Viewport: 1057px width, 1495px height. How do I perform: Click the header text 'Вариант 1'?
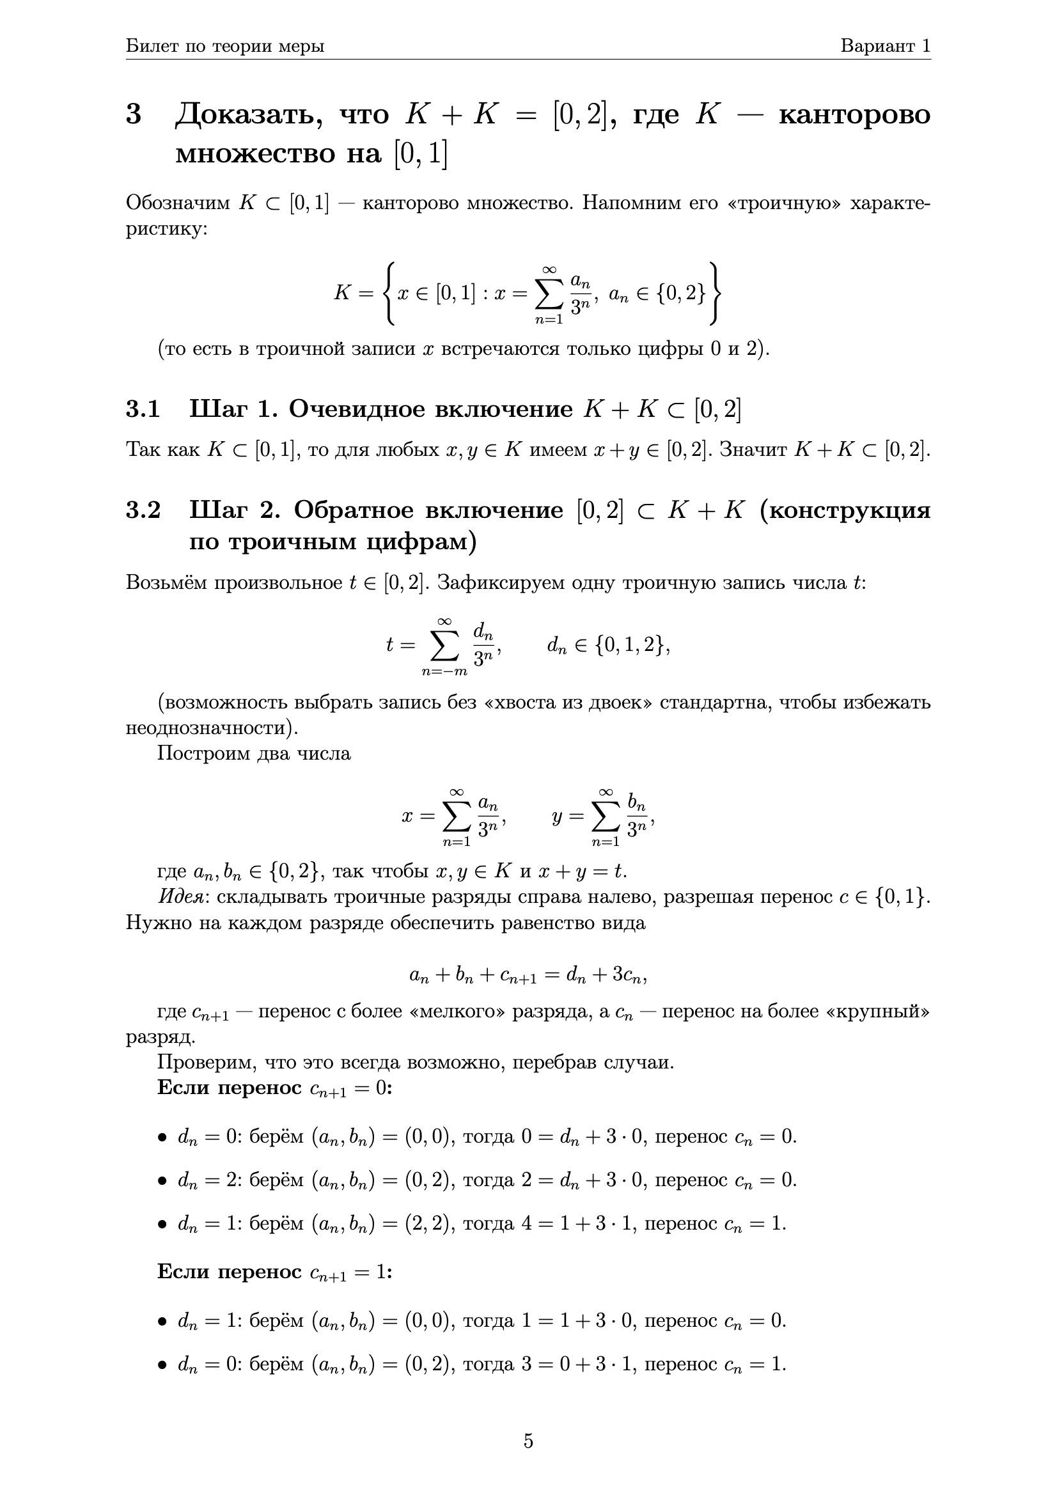[885, 45]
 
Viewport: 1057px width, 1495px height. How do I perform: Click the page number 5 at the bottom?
[528, 1440]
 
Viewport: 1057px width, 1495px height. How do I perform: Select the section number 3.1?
[143, 409]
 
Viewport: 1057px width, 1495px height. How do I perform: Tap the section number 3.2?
[143, 510]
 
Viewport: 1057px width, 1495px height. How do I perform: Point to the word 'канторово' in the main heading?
[854, 114]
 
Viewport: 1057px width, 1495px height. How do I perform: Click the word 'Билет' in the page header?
[149, 45]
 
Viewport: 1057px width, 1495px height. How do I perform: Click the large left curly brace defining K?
[389, 293]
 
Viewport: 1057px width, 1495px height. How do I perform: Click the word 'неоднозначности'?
[211, 727]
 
